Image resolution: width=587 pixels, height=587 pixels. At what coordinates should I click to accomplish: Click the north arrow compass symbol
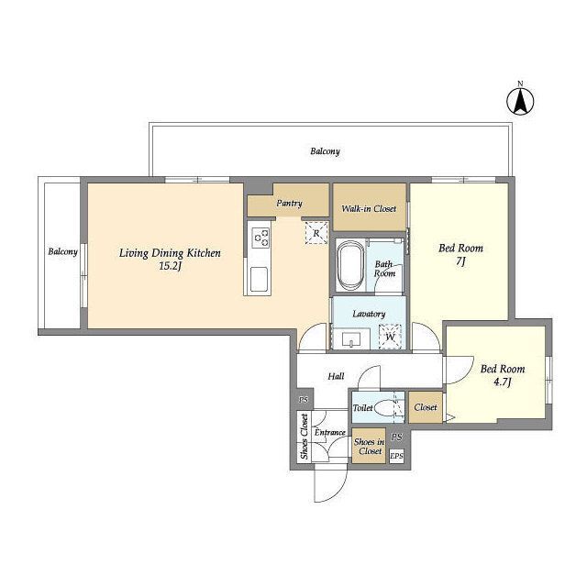pos(520,100)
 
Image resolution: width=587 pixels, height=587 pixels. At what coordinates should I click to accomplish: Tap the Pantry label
pos(289,204)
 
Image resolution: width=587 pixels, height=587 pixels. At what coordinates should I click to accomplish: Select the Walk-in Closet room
pos(370,207)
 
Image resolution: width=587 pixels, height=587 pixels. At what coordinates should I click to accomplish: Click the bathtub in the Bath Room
pos(350,265)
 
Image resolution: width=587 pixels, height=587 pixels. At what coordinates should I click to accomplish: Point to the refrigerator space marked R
pos(316,233)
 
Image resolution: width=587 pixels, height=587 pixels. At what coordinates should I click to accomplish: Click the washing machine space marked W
pos(390,337)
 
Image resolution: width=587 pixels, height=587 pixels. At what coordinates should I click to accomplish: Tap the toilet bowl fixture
pos(385,407)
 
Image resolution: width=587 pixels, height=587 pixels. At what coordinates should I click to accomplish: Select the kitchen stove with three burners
pos(261,238)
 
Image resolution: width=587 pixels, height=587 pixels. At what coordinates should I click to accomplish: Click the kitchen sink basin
pos(259,279)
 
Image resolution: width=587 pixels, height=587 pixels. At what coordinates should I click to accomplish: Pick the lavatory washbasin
pos(351,339)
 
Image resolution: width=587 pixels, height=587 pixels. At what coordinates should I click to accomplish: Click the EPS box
pos(397,456)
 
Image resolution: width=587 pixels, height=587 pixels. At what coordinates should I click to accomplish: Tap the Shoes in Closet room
pos(369,446)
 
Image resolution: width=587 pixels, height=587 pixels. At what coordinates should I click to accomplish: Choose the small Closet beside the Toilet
pos(426,407)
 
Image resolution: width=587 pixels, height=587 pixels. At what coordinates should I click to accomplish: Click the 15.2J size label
pos(171,266)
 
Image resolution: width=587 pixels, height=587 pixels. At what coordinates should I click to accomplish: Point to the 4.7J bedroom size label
pos(502,382)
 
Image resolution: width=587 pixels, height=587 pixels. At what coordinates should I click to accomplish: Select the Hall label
pos(336,376)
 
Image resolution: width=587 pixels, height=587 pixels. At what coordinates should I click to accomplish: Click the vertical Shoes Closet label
pos(304,437)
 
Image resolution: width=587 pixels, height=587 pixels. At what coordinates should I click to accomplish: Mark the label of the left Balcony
pos(62,251)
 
